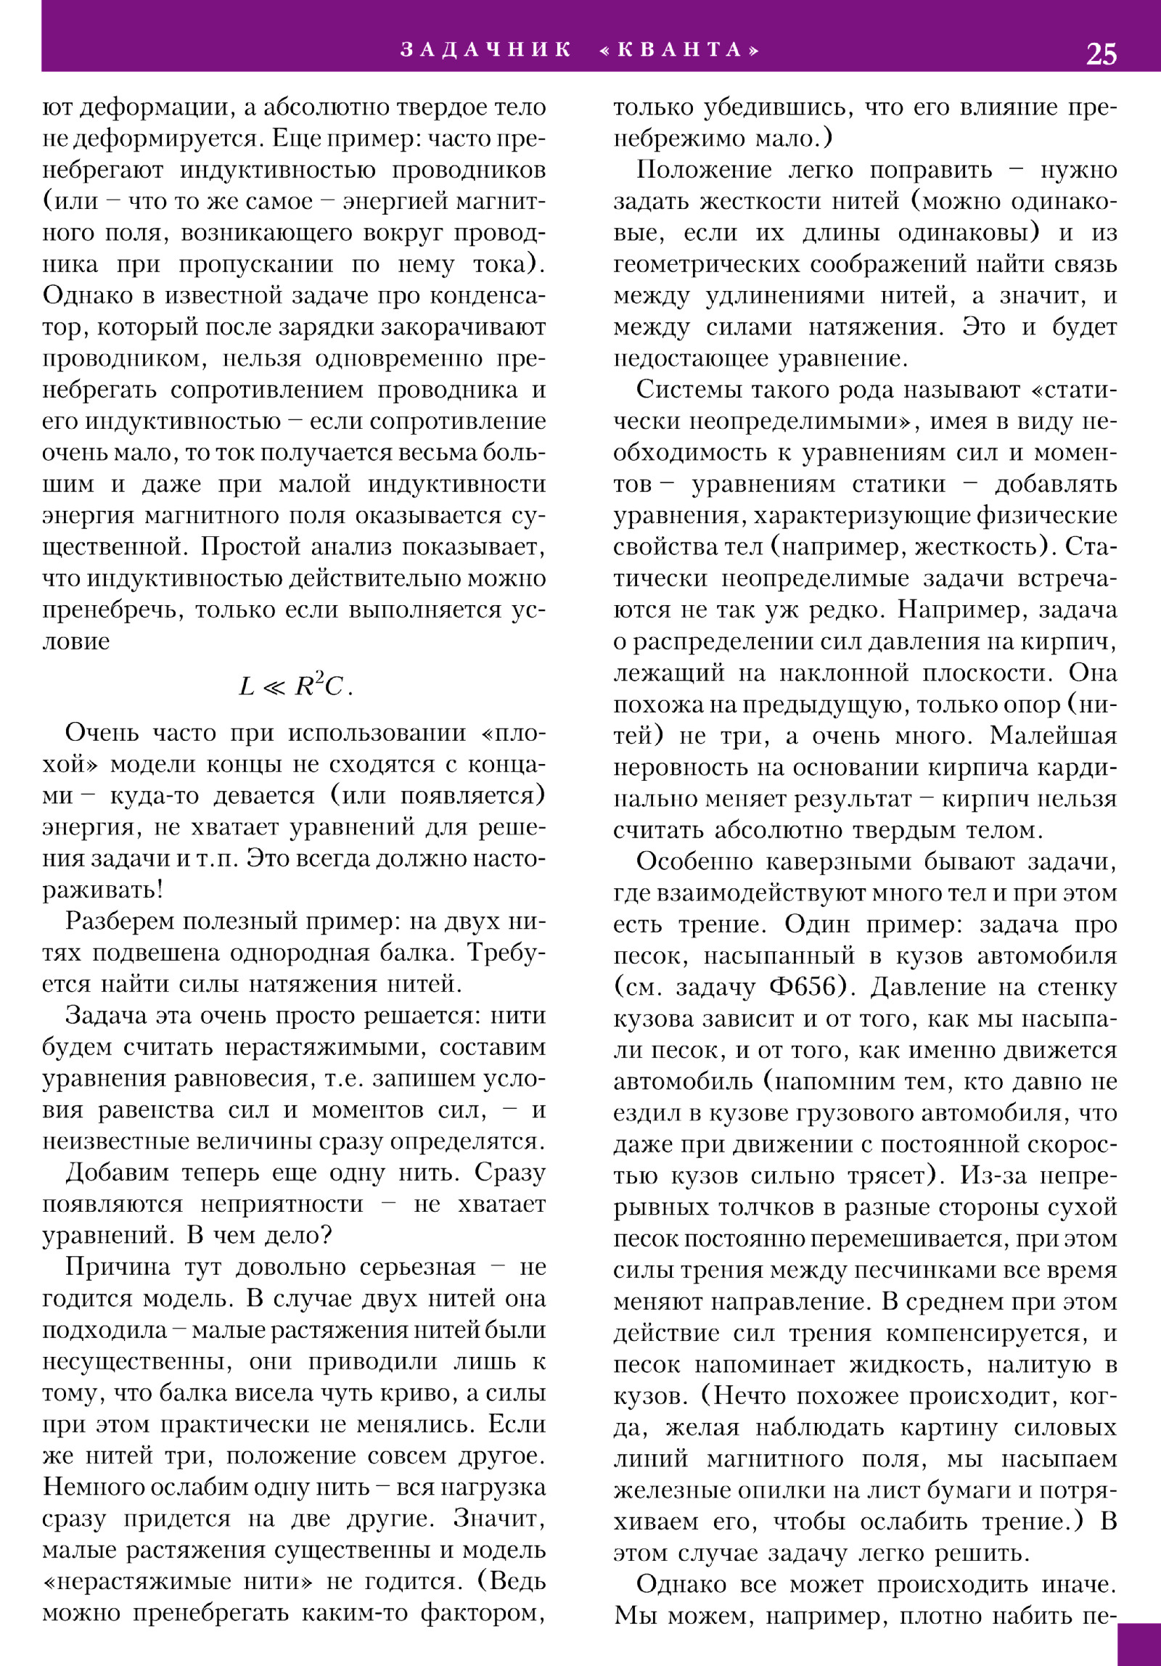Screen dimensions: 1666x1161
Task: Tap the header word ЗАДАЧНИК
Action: click(x=486, y=49)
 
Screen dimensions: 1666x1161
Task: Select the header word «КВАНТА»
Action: click(x=681, y=49)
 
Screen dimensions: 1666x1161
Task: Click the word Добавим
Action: click(x=117, y=1173)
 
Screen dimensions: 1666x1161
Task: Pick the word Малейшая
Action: click(x=1054, y=736)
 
